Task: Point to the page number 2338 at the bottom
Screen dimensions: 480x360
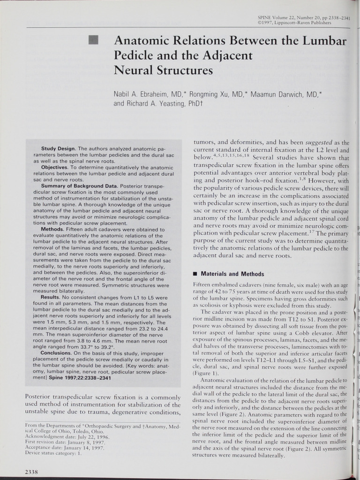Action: point(31,471)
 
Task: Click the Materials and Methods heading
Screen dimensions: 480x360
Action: point(232,274)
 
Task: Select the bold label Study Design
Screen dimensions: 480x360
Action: point(58,149)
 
